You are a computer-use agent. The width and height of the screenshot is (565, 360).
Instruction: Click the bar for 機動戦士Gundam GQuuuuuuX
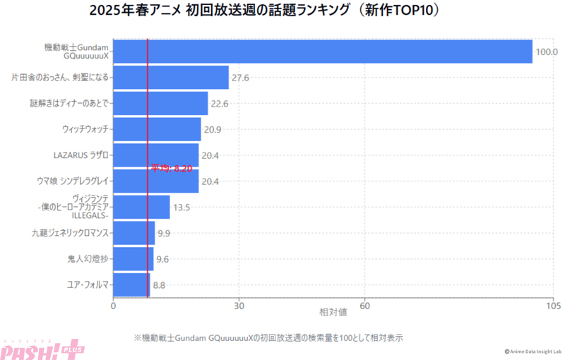(322, 52)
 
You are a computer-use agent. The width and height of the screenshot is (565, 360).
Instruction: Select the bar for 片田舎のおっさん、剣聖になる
(171, 78)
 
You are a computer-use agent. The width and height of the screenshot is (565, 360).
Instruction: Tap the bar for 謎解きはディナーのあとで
(160, 103)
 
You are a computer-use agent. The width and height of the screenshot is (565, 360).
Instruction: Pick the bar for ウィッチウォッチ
(157, 129)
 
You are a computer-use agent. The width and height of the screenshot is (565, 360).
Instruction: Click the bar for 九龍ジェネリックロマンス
(133, 233)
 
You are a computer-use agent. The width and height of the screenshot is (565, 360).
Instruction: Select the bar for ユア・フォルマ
(131, 284)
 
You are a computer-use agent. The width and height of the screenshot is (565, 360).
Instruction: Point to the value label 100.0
(547, 52)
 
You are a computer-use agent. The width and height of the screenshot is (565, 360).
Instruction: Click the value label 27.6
(241, 78)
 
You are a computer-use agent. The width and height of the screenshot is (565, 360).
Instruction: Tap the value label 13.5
(182, 208)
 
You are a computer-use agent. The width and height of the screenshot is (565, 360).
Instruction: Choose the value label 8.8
(159, 285)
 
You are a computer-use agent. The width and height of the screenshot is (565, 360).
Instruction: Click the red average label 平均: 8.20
(172, 168)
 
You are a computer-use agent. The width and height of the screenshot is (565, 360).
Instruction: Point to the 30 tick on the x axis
(239, 306)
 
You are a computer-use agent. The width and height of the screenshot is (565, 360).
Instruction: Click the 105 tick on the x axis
(553, 306)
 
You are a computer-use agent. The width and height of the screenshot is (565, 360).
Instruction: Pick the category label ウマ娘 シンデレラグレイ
(72, 181)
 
